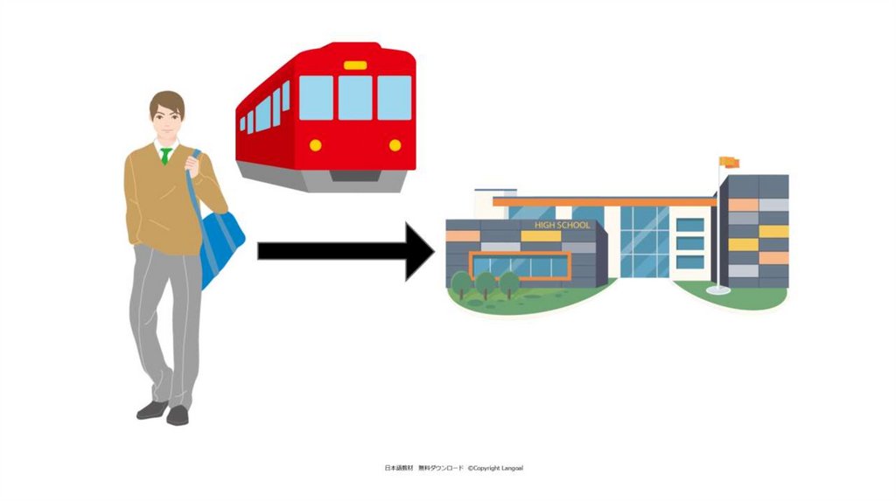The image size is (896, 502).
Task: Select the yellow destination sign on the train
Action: pyautogui.click(x=355, y=66)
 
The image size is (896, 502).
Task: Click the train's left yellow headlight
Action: pyautogui.click(x=315, y=145)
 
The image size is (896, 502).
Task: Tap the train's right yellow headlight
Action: pyautogui.click(x=395, y=145)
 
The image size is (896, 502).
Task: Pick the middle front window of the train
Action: pyautogui.click(x=355, y=97)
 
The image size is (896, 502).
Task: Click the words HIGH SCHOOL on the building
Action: pyautogui.click(x=562, y=225)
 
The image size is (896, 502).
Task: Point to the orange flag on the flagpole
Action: pyautogui.click(x=730, y=163)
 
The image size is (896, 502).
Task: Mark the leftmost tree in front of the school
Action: pyautogui.click(x=460, y=282)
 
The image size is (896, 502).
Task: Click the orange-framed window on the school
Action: pyautogui.click(x=521, y=266)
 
